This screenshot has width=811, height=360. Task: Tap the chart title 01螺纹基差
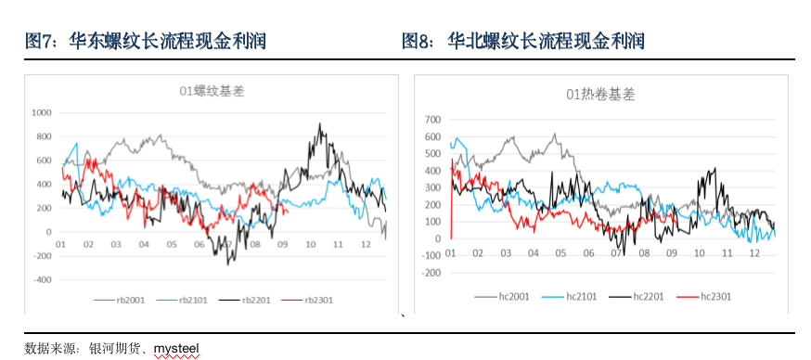(205, 91)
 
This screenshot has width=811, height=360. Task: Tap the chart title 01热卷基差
(601, 94)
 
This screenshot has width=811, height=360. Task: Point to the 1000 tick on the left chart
(43, 112)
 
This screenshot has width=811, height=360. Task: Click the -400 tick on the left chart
(43, 279)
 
